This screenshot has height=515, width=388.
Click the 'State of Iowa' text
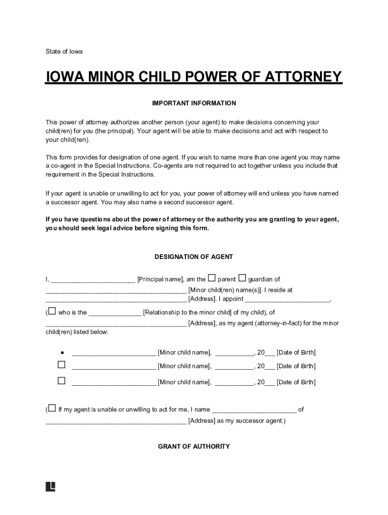[x=64, y=51]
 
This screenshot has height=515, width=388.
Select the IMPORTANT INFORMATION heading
[x=194, y=103]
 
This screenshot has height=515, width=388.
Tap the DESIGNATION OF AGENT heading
[x=194, y=256]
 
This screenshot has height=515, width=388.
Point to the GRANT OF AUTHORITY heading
[x=194, y=446]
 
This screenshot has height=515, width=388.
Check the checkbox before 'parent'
[x=212, y=278]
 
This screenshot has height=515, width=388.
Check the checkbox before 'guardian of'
[x=242, y=278]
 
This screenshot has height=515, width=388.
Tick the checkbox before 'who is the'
[x=52, y=311]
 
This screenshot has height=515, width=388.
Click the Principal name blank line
[x=93, y=281]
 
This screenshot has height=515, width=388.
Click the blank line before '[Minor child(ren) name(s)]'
[x=116, y=292]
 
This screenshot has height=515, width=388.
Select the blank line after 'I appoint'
[x=287, y=301]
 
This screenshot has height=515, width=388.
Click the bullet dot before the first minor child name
[x=61, y=352]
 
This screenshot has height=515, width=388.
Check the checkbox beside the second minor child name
[x=61, y=365]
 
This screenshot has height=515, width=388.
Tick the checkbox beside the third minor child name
[x=61, y=381]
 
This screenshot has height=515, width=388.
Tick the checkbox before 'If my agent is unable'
[x=52, y=408]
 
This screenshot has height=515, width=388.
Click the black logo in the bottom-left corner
[x=50, y=486]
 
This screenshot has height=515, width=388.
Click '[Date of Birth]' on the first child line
[x=296, y=353]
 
